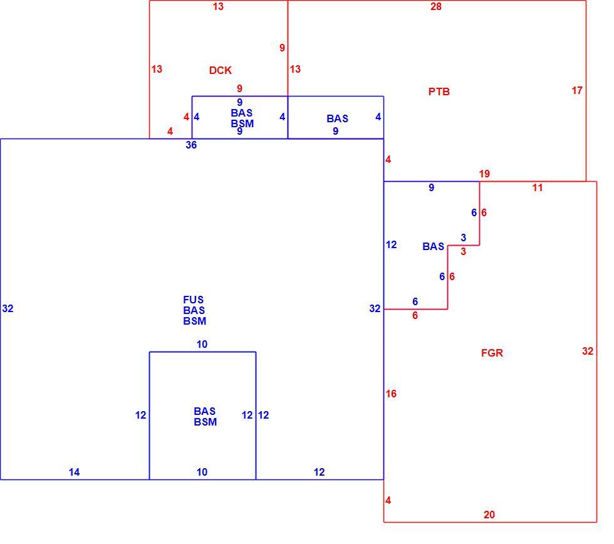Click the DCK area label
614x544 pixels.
coord(220,70)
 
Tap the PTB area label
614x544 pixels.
coord(439,92)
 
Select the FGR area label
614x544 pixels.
coord(492,353)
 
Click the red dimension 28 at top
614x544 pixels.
coord(436,7)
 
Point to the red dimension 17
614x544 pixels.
coord(577,90)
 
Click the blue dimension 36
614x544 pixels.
coord(191,145)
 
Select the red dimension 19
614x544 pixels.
coord(484,174)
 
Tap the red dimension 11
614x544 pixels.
coord(538,187)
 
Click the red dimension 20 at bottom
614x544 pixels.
coord(489,515)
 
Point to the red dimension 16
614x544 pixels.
coord(391,394)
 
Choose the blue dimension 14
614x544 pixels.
coord(74,473)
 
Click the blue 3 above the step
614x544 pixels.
coord(463,238)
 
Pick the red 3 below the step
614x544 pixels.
coord(463,251)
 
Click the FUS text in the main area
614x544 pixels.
coord(194,300)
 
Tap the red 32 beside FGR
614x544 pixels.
coord(588,351)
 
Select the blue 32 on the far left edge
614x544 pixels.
coord(8,308)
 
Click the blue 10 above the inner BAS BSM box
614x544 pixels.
coord(202,344)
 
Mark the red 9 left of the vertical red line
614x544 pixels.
coord(282,48)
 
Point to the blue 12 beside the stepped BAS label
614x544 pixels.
coord(391,245)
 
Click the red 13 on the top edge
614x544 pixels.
coord(218,7)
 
